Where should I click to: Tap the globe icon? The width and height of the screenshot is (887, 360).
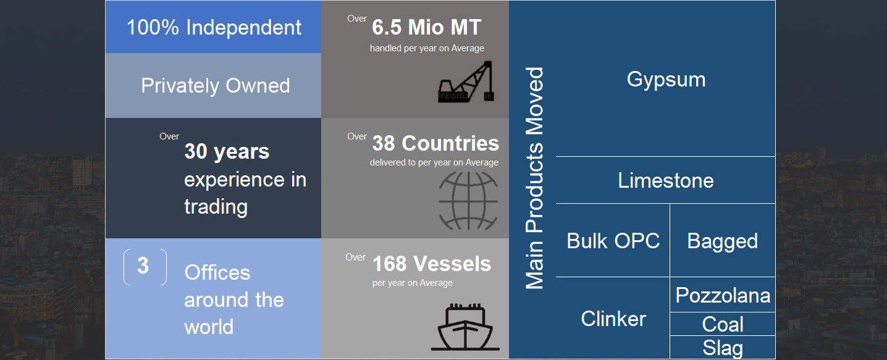[468, 201]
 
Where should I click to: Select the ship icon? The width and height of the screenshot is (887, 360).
[465, 327]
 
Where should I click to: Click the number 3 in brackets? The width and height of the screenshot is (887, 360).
[143, 266]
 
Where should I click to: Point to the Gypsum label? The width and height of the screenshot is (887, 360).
[666, 80]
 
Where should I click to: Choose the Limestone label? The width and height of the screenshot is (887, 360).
[666, 180]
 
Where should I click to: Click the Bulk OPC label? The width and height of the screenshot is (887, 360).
[613, 241]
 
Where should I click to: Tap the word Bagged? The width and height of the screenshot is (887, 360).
[723, 242]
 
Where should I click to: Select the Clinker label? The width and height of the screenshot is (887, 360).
[613, 319]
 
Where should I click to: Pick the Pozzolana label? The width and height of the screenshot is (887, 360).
[723, 295]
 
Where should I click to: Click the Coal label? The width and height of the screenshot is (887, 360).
[723, 324]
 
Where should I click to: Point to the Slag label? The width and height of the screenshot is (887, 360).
[723, 348]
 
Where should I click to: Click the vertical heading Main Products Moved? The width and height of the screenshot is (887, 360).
[534, 178]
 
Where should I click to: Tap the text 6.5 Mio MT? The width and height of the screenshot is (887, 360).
[426, 27]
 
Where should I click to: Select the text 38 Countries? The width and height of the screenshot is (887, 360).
[435, 143]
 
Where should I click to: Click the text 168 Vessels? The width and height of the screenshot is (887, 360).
[432, 264]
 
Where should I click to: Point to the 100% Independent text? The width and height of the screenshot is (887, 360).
[214, 27]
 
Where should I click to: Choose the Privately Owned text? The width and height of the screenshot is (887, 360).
[216, 86]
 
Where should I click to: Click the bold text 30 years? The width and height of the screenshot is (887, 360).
[227, 152]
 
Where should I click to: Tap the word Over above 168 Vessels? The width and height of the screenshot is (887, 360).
[355, 257]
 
